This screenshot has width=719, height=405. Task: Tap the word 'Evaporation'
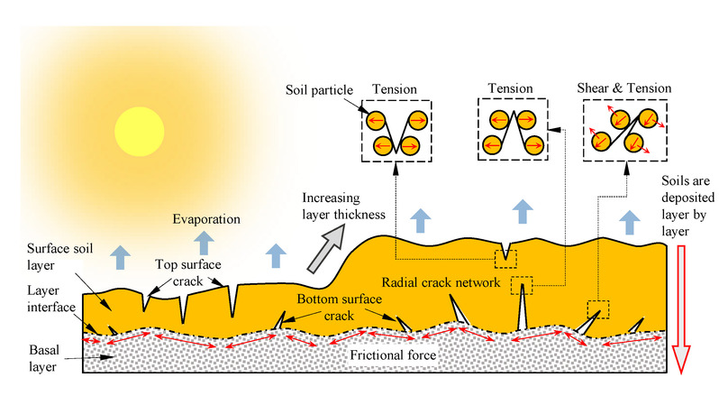click(207, 218)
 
